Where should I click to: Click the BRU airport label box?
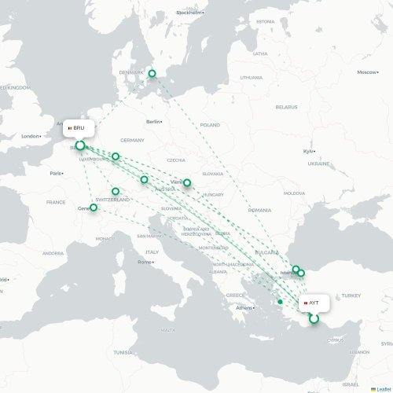point(79,127)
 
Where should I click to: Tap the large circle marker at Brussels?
point(79,145)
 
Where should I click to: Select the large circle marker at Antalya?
point(314,318)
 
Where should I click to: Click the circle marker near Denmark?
point(152,74)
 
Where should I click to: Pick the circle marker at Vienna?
point(187,182)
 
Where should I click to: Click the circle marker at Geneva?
point(94,208)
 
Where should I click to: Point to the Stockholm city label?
point(189,13)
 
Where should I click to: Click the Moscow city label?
point(366,72)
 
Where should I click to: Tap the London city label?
point(31,136)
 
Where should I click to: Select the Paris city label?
point(56,173)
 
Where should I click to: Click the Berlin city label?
point(153,122)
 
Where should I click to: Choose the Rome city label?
point(145,262)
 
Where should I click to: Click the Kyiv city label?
point(308,151)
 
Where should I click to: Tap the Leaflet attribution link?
point(381,388)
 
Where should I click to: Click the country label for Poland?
point(210,125)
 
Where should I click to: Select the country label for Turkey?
point(350,295)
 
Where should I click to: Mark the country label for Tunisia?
point(123,352)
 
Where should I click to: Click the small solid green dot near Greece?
point(280,301)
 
